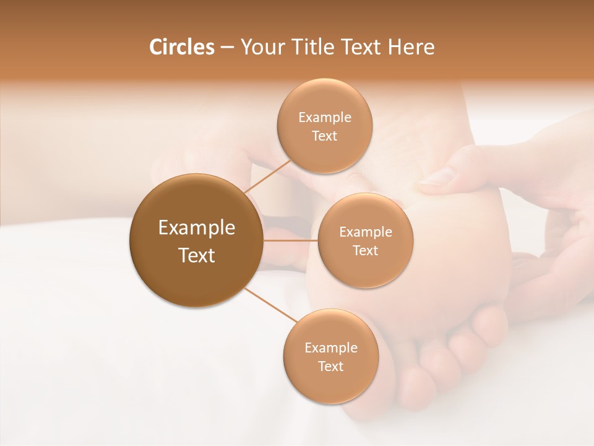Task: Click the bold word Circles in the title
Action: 181,47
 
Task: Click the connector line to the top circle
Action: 267,176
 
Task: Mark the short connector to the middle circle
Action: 290,240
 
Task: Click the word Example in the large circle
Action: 196,228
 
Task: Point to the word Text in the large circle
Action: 196,255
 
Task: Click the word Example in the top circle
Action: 324,118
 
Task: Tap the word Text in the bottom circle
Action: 330,366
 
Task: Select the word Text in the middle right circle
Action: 365,250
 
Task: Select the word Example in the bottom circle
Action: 330,348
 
